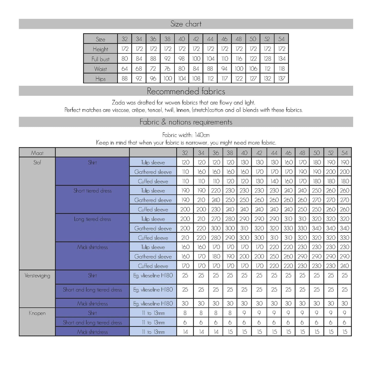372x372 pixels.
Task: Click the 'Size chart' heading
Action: click(x=186, y=24)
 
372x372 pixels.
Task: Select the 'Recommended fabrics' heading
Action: click(x=186, y=91)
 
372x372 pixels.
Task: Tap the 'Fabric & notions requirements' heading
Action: click(x=186, y=122)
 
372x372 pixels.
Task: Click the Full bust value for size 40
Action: click(x=182, y=59)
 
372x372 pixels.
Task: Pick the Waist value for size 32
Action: click(x=125, y=69)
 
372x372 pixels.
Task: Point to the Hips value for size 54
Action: click(x=281, y=79)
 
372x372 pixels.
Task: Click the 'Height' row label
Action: click(x=100, y=49)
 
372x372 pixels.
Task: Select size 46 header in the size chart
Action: click(x=224, y=39)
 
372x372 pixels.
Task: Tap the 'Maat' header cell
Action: click(x=37, y=153)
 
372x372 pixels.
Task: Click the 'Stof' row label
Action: click(x=37, y=162)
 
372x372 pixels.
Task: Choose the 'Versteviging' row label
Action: click(x=37, y=275)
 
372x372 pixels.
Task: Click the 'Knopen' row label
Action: click(x=37, y=313)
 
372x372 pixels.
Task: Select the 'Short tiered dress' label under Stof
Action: click(x=92, y=191)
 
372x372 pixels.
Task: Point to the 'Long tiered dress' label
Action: click(x=92, y=219)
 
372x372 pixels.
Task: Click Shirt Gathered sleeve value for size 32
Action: click(x=185, y=172)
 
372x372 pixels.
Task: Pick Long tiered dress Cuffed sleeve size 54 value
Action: click(x=344, y=238)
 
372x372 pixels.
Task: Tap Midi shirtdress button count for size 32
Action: click(x=185, y=332)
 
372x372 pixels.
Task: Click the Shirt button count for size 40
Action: click(x=244, y=313)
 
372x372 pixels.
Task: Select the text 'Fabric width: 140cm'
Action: click(x=186, y=135)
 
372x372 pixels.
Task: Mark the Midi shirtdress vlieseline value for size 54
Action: click(x=344, y=304)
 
